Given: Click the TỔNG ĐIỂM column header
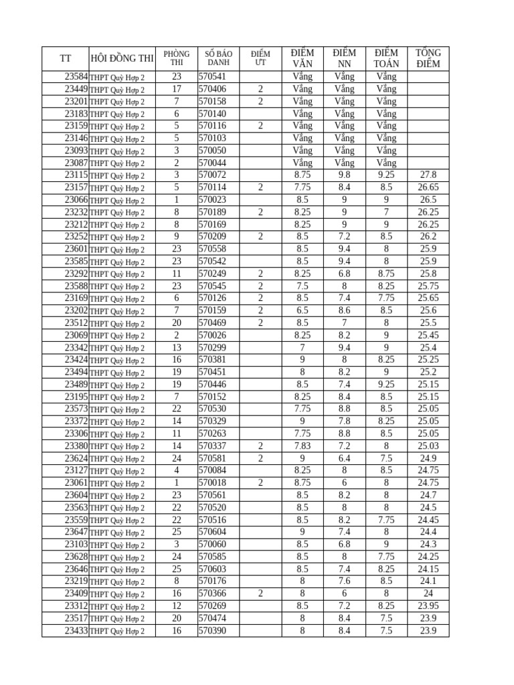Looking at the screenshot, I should pos(428,58).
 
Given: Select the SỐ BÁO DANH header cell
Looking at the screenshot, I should pos(218,58).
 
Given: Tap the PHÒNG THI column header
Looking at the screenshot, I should pos(176,58).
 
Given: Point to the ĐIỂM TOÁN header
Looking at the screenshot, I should pos(386,58).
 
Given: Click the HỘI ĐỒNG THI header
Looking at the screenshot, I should pos(122,59).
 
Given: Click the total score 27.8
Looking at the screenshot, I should pos(428,175).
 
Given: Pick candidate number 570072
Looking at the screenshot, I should pos(213,175).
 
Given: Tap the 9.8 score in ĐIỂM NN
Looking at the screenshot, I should pos(344,175).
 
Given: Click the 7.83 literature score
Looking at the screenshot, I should pos(303,446).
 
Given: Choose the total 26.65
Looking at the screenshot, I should pos(428,187).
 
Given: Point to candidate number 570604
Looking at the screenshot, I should pos(213,532).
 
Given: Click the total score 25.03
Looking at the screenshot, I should pos(428,446).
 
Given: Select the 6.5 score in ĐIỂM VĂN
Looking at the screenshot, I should pos(303,310).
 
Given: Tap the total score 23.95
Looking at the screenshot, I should pos(428,606).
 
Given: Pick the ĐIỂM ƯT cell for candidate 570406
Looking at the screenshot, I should pos(260,89).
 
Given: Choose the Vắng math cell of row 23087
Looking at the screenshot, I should pos(386,163).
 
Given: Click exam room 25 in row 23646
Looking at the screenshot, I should pos(176,569).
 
